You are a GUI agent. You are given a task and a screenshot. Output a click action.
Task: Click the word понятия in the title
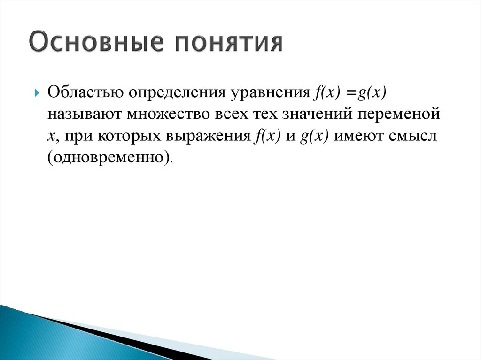(x=225, y=44)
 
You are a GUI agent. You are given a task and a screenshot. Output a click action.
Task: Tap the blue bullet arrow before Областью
(x=37, y=91)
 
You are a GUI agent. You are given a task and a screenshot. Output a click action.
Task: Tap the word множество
(x=168, y=115)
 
